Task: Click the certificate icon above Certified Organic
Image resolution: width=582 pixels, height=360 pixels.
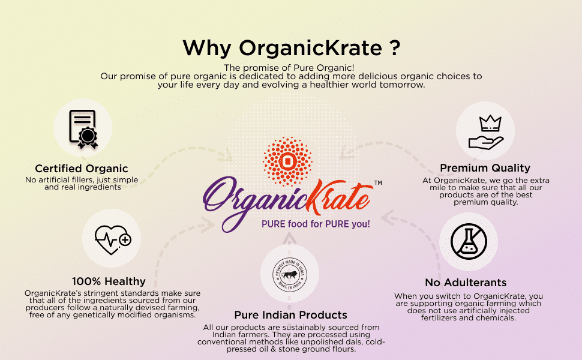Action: point(83,129)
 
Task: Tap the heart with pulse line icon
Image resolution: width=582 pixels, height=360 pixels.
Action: point(113,240)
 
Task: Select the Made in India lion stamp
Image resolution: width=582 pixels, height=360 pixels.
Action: point(290,275)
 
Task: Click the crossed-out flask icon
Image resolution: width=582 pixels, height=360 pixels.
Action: point(469,241)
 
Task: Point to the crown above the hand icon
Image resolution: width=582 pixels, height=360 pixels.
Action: point(490,123)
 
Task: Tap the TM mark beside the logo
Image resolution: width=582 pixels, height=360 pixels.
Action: point(378,182)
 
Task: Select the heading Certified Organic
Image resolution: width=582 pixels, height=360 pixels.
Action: point(81,169)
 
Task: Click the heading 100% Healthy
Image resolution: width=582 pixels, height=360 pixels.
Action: point(109,281)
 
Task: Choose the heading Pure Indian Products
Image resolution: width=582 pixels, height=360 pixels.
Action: point(290,315)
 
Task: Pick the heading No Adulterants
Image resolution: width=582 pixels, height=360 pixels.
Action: point(466,283)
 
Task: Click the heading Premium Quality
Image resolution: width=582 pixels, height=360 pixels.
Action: point(485,168)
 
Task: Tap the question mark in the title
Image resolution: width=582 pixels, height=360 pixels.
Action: point(395,48)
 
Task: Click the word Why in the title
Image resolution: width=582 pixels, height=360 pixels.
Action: point(207,48)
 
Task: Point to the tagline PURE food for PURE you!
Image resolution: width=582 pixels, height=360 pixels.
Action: point(316,224)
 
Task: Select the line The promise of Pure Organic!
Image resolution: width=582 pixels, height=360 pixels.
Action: point(289,68)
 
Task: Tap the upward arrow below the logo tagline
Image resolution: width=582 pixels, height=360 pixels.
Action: point(290,239)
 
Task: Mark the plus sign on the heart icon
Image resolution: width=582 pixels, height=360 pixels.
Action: point(125,240)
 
